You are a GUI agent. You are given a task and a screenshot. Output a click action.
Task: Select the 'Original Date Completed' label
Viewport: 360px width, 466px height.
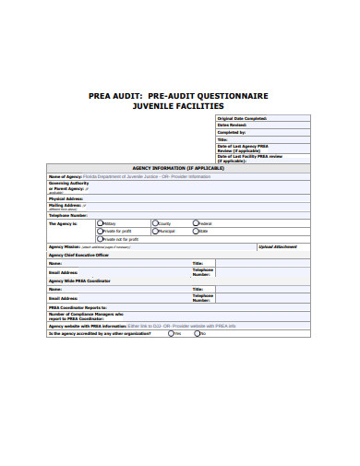tap(242, 119)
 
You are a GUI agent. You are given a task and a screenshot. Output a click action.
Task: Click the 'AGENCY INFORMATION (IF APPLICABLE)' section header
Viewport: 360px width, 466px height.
tap(181, 167)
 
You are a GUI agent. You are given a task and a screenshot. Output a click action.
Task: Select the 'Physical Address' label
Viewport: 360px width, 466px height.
tap(66, 198)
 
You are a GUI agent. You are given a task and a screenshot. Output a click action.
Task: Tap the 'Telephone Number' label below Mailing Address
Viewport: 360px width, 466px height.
tap(68, 215)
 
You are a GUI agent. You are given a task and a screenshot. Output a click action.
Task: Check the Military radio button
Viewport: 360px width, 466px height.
tap(100, 223)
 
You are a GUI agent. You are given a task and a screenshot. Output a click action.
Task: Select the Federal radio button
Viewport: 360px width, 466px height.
tap(196, 223)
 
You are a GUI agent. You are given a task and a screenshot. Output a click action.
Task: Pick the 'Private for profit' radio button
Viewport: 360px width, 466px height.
tap(100, 231)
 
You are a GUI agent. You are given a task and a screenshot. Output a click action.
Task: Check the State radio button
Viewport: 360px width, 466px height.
tap(196, 231)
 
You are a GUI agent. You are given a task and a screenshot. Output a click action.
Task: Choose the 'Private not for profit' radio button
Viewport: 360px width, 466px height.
tap(100, 239)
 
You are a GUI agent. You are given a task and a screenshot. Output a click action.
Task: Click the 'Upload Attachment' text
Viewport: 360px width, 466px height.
tap(279, 247)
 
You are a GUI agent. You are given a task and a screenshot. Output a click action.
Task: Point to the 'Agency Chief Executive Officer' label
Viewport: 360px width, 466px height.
tap(78, 255)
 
